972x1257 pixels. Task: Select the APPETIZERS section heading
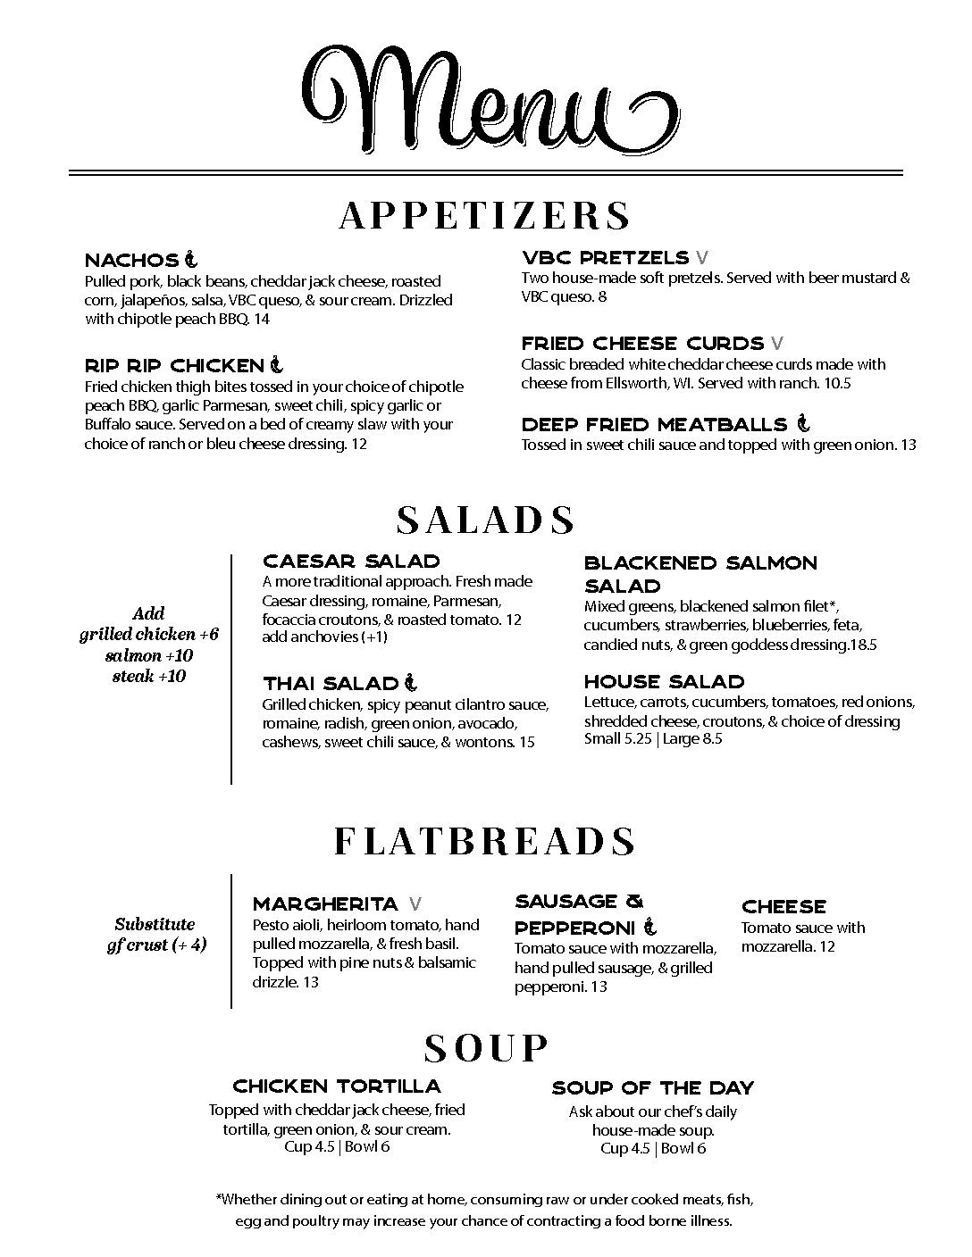point(485,216)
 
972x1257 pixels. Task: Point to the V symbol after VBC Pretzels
point(702,258)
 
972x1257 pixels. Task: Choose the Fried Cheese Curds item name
point(642,344)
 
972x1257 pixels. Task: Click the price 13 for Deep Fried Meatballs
point(908,445)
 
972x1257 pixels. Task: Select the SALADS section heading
point(485,520)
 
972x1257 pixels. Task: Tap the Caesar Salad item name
point(351,562)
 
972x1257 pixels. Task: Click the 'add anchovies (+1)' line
point(324,637)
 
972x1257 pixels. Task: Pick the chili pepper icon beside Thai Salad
point(410,684)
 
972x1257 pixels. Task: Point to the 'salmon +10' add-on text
point(149,655)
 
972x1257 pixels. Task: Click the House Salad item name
point(664,682)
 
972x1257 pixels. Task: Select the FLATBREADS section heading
point(485,842)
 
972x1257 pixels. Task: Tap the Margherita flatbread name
point(325,904)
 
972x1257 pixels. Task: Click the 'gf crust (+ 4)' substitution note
point(156,945)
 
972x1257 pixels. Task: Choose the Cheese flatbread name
point(783,907)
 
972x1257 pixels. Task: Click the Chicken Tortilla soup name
point(337,1086)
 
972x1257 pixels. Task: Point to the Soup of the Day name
point(653,1088)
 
